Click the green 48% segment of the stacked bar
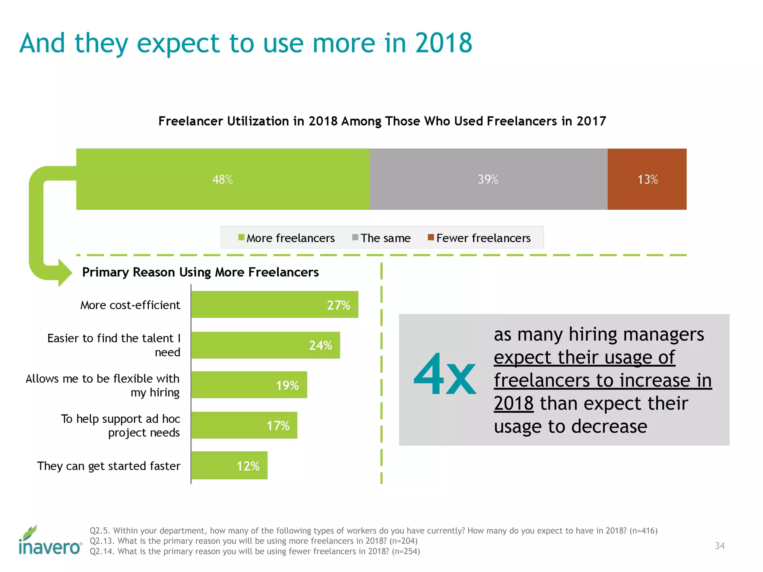(222, 179)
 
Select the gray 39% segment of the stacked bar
(488, 179)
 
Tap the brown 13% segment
(647, 179)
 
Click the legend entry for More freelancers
(286, 238)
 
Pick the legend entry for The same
(381, 238)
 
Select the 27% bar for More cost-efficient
(275, 305)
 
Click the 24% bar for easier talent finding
(265, 345)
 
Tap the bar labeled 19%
(249, 385)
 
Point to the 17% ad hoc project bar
(244, 425)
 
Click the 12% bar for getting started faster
(229, 465)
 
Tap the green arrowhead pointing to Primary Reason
(64, 273)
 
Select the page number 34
(719, 546)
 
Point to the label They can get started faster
(109, 466)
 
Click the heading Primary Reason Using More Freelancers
(200, 272)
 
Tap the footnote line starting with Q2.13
(253, 541)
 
